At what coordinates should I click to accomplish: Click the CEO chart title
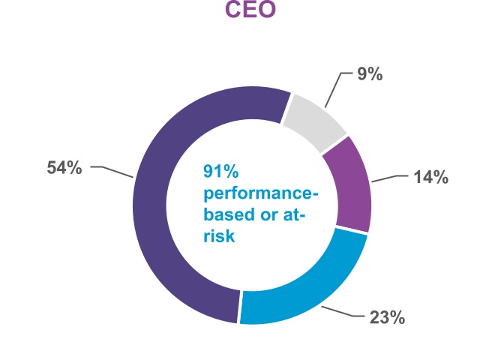coord(251,10)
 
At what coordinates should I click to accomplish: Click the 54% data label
coord(64,168)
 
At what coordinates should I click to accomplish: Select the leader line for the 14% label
coord(389,178)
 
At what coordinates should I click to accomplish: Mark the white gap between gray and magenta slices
coord(334,145)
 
